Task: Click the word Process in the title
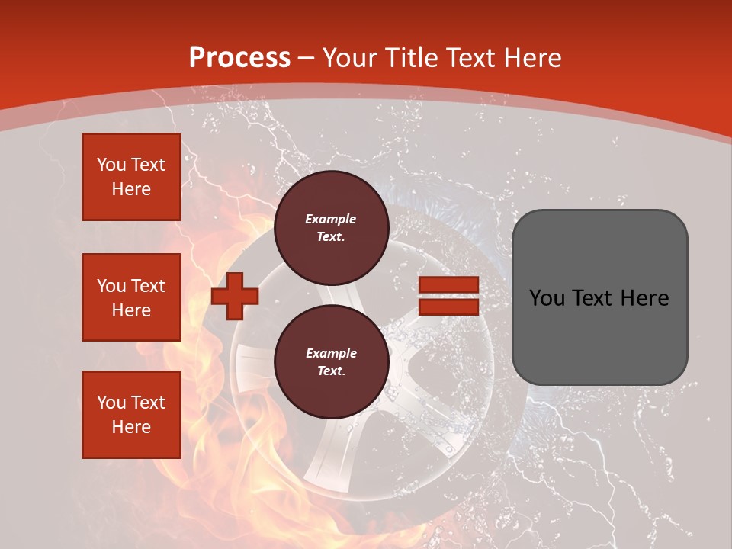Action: tap(239, 58)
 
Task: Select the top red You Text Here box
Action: tap(131, 177)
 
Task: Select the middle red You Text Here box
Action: tap(131, 297)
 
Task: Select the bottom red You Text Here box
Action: tap(131, 415)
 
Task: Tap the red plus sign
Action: tap(234, 296)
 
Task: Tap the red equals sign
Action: tap(448, 296)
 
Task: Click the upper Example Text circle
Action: tap(331, 227)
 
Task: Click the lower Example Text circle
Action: tap(331, 361)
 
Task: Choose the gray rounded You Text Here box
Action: tap(599, 297)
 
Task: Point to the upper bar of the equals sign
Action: tap(448, 285)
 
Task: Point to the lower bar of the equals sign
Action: tap(448, 307)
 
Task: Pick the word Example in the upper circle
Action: tap(331, 219)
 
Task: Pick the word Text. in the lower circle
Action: tap(331, 371)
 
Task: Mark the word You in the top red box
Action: tap(111, 165)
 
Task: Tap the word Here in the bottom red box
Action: tap(131, 427)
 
